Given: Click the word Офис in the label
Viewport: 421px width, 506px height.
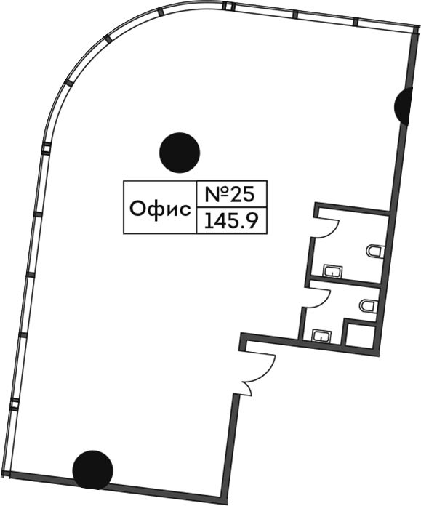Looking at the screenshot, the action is point(160,209).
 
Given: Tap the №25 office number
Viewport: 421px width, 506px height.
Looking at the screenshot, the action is point(230,195).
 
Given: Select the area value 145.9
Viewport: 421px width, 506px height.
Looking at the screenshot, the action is point(231,221).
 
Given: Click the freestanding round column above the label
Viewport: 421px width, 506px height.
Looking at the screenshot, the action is point(180,153).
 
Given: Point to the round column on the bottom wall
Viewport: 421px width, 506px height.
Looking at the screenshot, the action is point(92,470).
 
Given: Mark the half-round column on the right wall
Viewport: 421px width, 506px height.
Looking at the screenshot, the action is point(404,105).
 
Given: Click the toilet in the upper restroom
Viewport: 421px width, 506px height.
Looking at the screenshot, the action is point(376,251).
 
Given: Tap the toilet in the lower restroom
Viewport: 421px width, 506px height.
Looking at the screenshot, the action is point(369,305).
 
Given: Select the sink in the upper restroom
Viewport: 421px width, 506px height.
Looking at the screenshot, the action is point(332,270).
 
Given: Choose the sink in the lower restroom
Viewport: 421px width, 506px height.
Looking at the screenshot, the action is point(321,336).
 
